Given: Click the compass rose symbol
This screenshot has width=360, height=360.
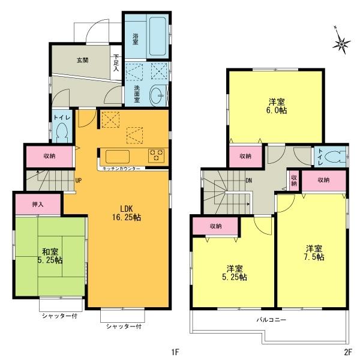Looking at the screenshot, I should tap(343, 43).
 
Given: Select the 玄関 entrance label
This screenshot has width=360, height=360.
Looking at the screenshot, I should tap(83, 60).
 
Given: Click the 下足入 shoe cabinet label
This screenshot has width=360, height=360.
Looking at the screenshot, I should tap(116, 64).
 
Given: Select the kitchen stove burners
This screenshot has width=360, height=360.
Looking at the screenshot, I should tap(157, 155).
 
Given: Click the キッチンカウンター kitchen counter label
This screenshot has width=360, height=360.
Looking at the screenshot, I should tap(122, 169).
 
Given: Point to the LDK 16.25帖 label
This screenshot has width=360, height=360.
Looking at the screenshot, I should tap(126, 213).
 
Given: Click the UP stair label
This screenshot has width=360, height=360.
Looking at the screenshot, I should tap(79, 179).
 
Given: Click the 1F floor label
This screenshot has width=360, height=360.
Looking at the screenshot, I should tap(176, 350).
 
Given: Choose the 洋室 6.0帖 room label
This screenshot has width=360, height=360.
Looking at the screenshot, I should tap(277, 106).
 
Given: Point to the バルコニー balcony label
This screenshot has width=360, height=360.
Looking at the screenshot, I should tap(272, 320).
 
